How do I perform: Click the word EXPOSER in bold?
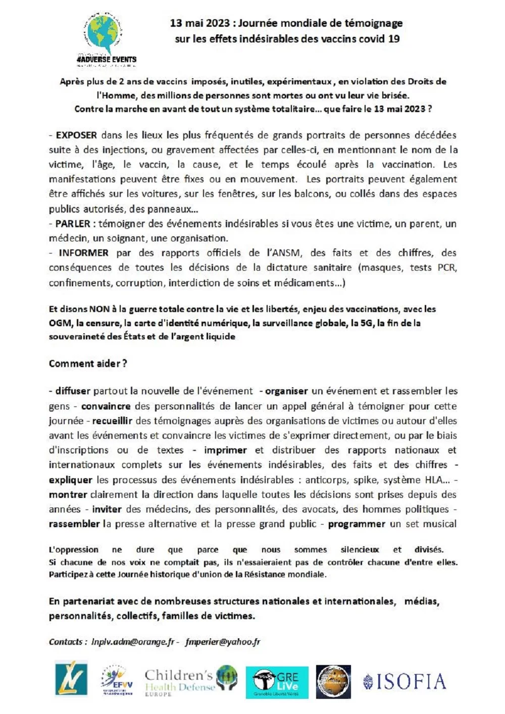click(76, 135)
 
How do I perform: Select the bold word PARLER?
click(73, 224)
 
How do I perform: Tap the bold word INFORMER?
click(83, 253)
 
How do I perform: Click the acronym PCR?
click(447, 268)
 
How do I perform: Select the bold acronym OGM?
click(60, 323)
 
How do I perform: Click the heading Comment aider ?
click(88, 364)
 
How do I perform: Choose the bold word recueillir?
click(112, 421)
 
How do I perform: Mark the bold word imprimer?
click(225, 450)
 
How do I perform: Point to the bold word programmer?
click(357, 524)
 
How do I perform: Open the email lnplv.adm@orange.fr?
click(133, 642)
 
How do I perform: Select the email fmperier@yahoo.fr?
click(223, 642)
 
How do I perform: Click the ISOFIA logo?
click(405, 682)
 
